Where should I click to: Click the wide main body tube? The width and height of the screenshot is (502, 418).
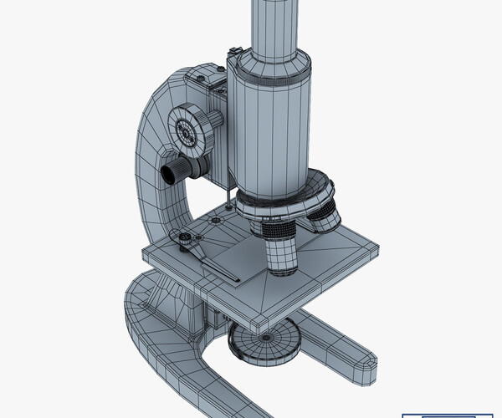[x=269, y=134]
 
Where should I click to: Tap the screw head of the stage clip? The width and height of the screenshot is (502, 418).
[x=184, y=241]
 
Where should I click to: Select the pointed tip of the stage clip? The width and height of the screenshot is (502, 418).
[x=238, y=279]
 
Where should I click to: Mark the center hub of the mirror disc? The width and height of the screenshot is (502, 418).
[x=265, y=337]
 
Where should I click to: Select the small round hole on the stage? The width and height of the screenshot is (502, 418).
[x=216, y=220]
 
